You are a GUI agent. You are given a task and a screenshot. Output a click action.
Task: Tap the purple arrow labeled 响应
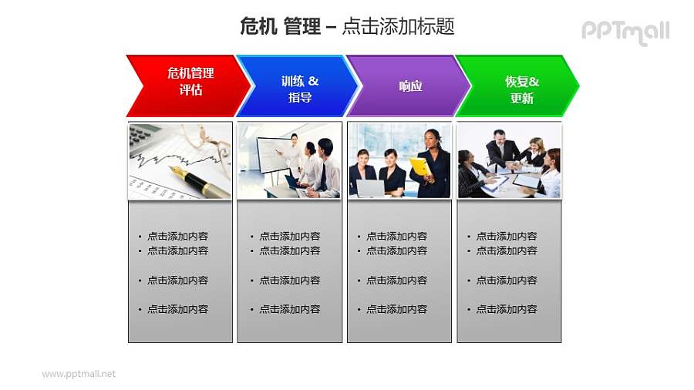[x=409, y=86]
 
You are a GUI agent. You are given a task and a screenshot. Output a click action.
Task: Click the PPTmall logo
[x=625, y=32]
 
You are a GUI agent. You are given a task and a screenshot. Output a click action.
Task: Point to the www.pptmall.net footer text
[x=79, y=374]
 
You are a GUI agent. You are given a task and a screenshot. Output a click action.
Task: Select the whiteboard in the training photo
[x=271, y=153]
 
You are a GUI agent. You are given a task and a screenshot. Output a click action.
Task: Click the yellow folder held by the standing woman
[x=420, y=166]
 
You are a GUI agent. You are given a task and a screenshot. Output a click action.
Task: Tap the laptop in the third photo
[x=370, y=187]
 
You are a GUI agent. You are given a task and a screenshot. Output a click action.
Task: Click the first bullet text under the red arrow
[x=177, y=237]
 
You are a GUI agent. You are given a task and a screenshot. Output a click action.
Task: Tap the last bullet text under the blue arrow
[x=289, y=309]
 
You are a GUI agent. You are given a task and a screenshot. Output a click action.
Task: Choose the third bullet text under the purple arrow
[x=396, y=281]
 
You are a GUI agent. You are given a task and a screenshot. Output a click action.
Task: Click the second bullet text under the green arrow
[x=507, y=250]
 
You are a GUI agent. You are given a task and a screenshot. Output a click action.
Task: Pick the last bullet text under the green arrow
[x=507, y=309]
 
